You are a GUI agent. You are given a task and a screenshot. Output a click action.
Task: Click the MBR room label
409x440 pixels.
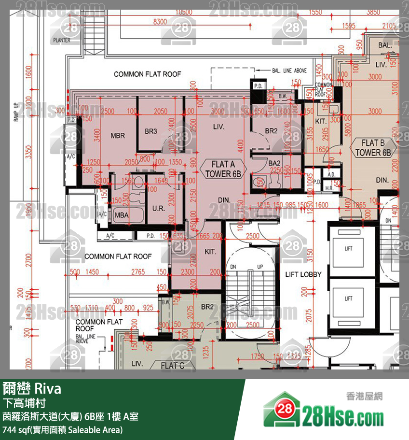(118, 136)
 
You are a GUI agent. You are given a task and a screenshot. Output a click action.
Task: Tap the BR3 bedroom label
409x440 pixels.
(151, 131)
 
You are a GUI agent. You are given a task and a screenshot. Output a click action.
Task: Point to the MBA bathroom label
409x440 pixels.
(121, 215)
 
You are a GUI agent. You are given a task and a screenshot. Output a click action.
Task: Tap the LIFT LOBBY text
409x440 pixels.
(303, 274)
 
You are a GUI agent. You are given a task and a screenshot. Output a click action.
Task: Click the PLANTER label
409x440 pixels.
(62, 41)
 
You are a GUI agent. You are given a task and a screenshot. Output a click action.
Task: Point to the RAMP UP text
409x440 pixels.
(15, 112)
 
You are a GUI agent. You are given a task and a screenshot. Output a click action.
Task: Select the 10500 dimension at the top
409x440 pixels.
(184, 12)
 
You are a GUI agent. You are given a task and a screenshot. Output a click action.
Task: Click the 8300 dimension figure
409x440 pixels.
(159, 22)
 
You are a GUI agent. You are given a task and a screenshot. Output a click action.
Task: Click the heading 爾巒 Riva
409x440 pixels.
(32, 389)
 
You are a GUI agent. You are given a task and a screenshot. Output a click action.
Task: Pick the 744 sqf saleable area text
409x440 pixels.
(63, 429)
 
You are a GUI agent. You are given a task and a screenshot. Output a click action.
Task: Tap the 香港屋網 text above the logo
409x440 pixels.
(364, 397)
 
